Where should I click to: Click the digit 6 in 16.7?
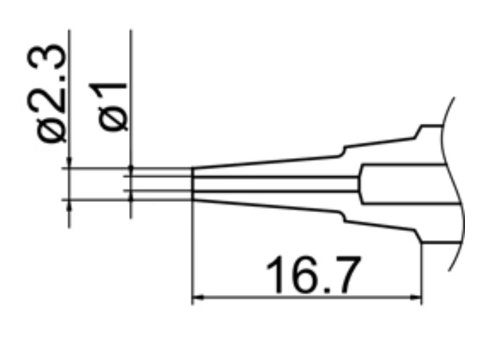305,275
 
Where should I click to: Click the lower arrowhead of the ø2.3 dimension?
69,203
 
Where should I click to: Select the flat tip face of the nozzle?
193,184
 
